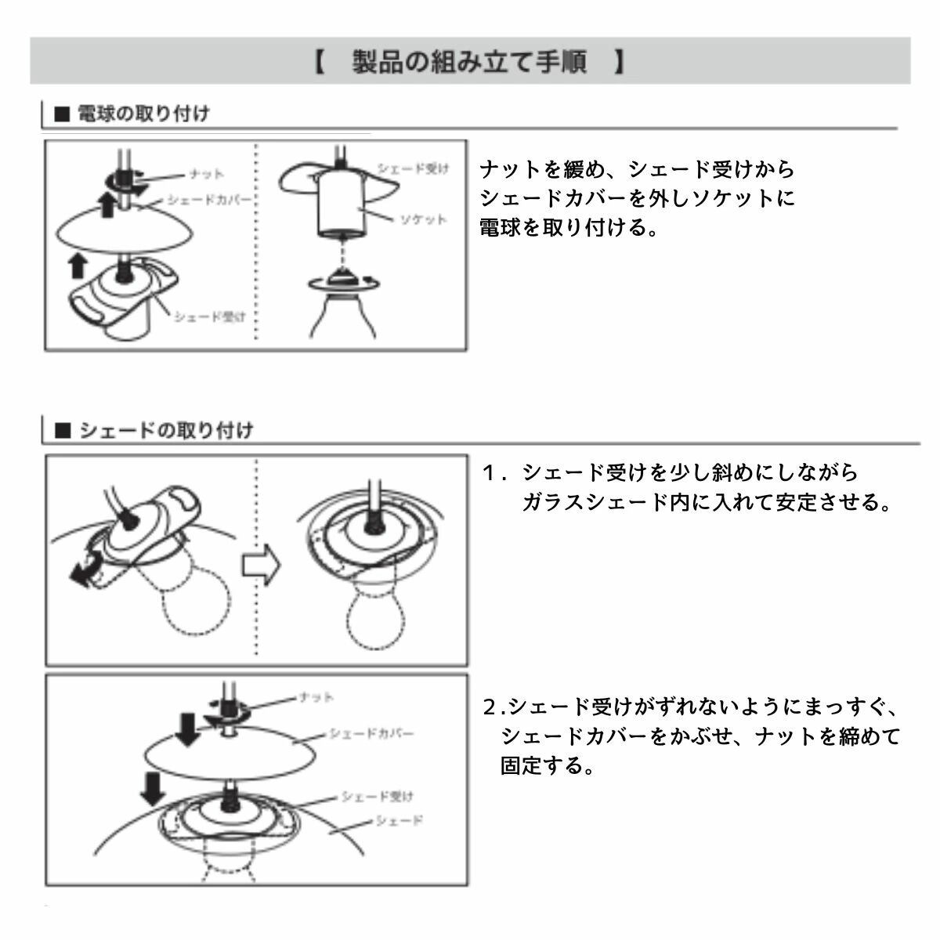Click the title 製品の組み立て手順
(x=470, y=61)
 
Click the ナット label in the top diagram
(x=207, y=173)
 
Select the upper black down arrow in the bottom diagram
(x=188, y=728)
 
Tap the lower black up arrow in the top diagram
(x=77, y=266)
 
